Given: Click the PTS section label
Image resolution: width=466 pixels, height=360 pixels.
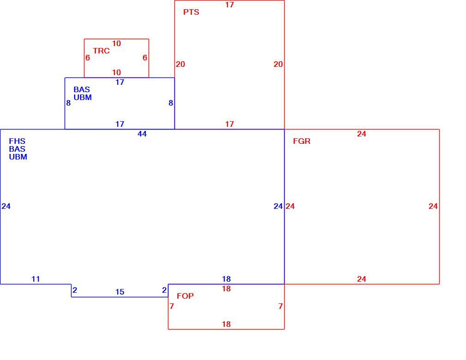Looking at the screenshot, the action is [191, 12].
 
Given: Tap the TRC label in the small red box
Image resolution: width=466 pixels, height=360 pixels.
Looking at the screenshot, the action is [102, 51].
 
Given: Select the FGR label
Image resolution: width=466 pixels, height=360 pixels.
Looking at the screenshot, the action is [302, 141].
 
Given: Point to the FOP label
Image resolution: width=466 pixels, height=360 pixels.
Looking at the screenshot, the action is [185, 296].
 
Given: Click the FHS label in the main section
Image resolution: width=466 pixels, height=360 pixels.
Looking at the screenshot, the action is [17, 141].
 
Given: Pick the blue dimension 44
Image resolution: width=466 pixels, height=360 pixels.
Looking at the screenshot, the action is [142, 134].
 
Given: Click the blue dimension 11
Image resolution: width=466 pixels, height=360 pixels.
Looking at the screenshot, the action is [36, 279].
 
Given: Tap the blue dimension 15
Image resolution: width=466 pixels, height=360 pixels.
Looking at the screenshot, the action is [120, 292].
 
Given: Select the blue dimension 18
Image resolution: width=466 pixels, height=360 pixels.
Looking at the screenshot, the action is [227, 279].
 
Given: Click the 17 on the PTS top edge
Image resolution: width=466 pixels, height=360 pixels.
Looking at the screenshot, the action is [229, 5].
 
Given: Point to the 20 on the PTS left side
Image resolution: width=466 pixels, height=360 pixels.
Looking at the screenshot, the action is [180, 64].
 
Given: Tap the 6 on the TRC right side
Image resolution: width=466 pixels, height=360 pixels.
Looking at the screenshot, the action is [145, 58].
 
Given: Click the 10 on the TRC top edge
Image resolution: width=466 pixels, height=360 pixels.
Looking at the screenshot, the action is [116, 43].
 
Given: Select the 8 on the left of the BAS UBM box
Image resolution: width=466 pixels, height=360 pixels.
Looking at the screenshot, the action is [68, 103].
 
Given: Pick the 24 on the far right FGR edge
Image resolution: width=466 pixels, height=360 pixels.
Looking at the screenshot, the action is [433, 206].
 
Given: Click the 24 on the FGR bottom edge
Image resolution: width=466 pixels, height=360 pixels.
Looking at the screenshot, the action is [362, 279].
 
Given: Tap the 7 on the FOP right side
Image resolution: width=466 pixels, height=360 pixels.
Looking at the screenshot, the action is [281, 306].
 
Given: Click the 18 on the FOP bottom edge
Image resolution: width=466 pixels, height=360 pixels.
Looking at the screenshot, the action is [227, 324].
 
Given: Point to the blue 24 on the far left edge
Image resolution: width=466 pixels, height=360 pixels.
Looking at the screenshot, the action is [6, 206].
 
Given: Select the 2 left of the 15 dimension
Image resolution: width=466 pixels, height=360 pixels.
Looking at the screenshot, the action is [75, 290].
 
